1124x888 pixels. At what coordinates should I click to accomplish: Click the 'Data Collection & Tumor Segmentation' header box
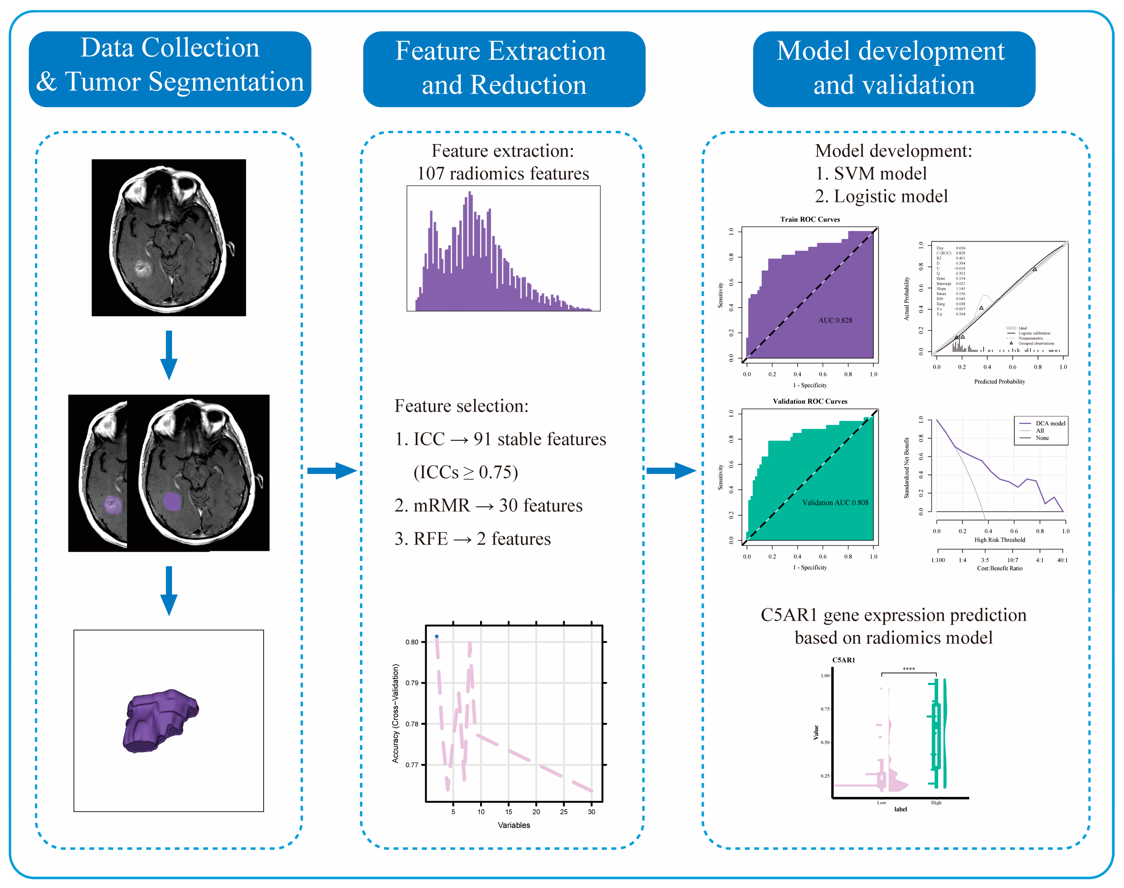point(170,69)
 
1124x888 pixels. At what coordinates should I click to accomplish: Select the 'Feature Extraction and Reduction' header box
point(504,69)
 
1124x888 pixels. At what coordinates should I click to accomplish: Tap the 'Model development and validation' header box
point(894,69)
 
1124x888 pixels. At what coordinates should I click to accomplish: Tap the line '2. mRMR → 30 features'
point(488,505)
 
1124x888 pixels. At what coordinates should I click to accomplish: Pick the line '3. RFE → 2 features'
point(472,539)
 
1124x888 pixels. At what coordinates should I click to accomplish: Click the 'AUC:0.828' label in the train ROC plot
point(835,320)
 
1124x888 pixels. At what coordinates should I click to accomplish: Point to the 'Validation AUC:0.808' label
point(835,503)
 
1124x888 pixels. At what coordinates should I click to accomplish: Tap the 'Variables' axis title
point(514,825)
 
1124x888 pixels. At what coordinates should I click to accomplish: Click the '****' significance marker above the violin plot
point(909,669)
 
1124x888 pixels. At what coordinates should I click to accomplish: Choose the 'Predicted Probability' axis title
point(999,382)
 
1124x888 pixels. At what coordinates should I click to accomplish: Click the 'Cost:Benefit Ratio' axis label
point(999,568)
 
